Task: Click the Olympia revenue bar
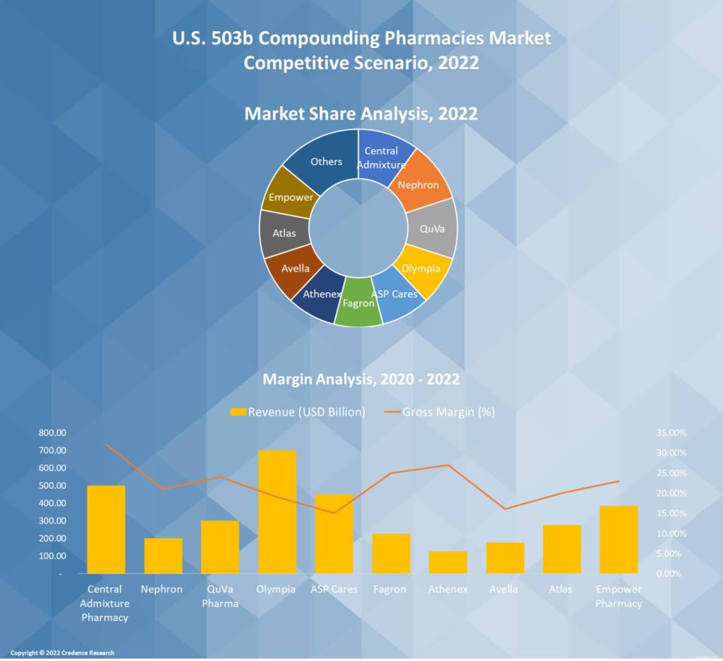(x=277, y=511)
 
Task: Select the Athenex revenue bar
(x=448, y=562)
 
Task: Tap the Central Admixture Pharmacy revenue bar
(x=106, y=529)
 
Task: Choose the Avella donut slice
(x=293, y=271)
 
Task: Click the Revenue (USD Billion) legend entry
(x=297, y=412)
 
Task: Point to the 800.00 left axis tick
(x=52, y=432)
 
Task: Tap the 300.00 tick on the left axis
(x=52, y=520)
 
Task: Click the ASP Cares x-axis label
(x=334, y=589)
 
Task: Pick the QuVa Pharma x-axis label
(x=220, y=596)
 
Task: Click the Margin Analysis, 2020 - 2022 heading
(x=361, y=379)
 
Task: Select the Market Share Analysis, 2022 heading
(x=361, y=113)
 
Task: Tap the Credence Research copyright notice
(x=62, y=653)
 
